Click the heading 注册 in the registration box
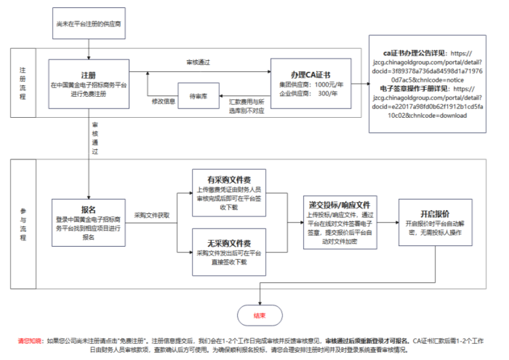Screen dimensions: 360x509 88,75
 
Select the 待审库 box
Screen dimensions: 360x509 198,96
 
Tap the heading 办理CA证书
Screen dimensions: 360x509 310,75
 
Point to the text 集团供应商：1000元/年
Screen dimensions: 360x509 311,84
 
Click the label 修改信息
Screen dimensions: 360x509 164,100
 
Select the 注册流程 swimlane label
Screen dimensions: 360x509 23,82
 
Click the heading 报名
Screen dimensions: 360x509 88,210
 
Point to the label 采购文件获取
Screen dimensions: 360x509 152,215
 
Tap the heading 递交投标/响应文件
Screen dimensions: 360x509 339,204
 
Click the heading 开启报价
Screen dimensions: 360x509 435,214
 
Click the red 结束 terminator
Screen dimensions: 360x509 259,315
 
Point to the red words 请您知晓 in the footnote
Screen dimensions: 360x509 30,341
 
